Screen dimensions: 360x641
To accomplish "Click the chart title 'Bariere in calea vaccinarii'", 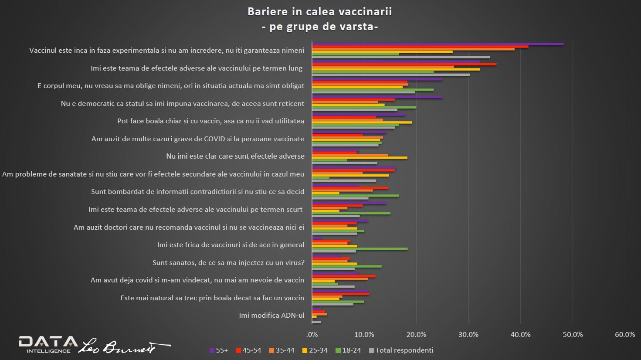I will [320, 11].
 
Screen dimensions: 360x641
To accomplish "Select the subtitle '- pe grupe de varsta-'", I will [320, 27].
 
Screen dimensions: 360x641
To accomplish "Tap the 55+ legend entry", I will [219, 350].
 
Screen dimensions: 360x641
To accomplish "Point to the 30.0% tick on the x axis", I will [468, 335].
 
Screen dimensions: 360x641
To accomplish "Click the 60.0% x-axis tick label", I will [624, 335].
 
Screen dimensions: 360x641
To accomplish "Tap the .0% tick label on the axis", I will [312, 335].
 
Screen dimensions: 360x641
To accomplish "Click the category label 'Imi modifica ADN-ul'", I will [271, 316].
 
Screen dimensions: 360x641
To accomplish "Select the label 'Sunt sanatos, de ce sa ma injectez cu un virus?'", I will [228, 262].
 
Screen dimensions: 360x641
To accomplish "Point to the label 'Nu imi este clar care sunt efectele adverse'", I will [235, 156].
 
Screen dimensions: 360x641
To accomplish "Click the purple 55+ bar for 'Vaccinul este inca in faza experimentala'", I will [438, 44].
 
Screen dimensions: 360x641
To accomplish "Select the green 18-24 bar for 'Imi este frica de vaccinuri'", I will [360, 249].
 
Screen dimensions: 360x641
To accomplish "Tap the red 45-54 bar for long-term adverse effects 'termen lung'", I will [404, 64].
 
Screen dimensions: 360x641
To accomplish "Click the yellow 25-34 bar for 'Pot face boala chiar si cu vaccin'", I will [362, 122].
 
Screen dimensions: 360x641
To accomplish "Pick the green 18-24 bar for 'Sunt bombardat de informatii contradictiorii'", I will [355, 196].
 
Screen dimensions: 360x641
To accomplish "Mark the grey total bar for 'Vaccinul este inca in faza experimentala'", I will [401, 57].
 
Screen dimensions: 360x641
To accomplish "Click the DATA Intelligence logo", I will [48, 344].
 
